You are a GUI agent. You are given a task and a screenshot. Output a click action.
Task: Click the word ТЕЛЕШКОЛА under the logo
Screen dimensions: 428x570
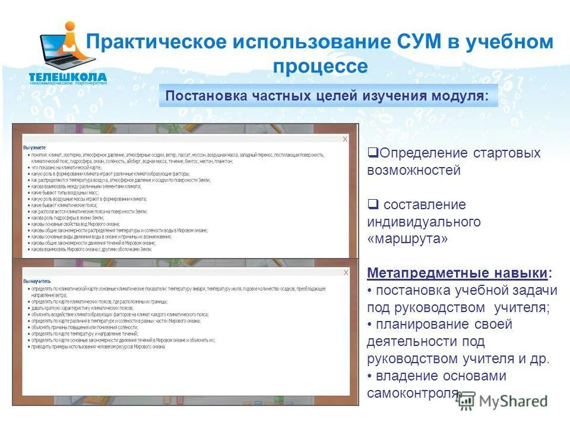click(68, 77)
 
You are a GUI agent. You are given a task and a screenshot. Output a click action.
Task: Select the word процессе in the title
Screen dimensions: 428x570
click(320, 67)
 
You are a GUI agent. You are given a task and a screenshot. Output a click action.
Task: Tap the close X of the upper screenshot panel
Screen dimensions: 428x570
click(345, 139)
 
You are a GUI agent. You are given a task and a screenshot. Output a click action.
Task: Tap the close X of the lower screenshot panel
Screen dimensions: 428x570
click(345, 273)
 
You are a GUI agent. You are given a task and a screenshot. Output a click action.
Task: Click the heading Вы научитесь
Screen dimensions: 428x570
click(37, 280)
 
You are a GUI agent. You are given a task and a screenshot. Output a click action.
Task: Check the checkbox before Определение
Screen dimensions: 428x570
click(372, 153)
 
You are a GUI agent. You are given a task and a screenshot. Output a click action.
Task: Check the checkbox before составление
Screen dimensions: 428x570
click(372, 204)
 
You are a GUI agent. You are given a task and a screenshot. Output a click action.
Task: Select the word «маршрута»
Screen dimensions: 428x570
click(407, 239)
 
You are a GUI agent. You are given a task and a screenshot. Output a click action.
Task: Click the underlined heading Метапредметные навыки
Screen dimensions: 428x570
click(457, 273)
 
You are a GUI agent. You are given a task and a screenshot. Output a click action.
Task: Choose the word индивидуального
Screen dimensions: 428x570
click(423, 222)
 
